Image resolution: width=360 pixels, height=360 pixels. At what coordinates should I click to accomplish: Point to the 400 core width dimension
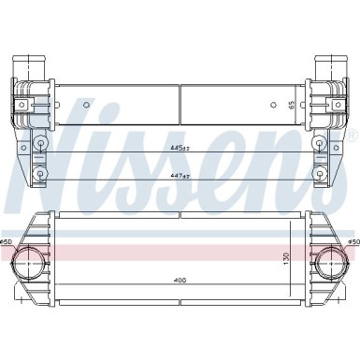179,280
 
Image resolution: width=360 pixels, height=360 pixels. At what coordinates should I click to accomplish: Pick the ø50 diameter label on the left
8,244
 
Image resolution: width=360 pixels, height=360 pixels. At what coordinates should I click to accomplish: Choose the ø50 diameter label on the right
353,244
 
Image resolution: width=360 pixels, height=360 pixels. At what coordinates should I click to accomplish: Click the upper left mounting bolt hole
40,142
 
